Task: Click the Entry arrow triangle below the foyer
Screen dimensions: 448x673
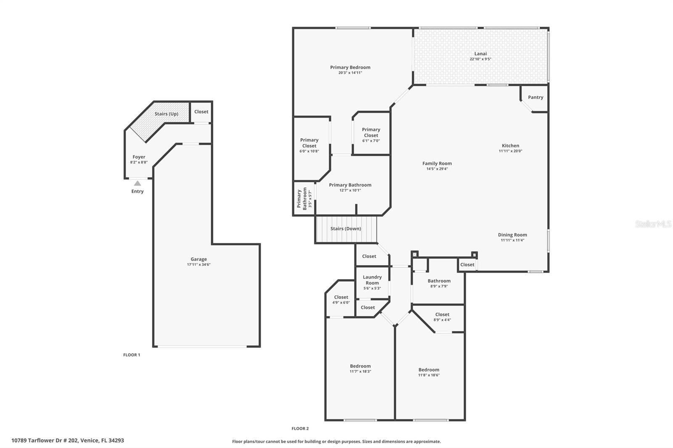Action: tap(138, 183)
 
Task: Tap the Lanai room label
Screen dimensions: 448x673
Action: tap(480, 53)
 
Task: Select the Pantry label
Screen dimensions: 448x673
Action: tap(535, 97)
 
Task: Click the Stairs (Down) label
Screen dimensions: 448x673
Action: tap(345, 229)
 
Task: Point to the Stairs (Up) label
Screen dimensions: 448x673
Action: tap(166, 114)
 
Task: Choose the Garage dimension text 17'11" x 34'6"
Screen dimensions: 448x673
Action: tap(199, 265)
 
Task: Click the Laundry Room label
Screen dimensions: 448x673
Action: tap(372, 280)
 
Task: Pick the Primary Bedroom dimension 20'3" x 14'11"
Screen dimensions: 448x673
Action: tap(350, 73)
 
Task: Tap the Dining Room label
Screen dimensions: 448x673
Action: tap(512, 235)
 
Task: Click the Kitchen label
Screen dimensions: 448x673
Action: tap(510, 145)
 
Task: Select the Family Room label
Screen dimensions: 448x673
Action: tap(437, 163)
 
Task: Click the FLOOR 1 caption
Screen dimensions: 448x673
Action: tap(132, 355)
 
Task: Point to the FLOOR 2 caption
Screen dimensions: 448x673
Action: tap(300, 429)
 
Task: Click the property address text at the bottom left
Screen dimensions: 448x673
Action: tap(68, 440)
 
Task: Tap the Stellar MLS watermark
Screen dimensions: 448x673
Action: tap(653, 224)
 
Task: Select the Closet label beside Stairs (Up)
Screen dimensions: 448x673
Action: tap(201, 112)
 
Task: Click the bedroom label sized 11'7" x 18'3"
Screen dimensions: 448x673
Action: tap(360, 366)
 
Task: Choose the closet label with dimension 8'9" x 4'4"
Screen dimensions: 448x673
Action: tap(442, 314)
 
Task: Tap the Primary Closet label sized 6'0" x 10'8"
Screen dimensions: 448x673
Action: tap(309, 143)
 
